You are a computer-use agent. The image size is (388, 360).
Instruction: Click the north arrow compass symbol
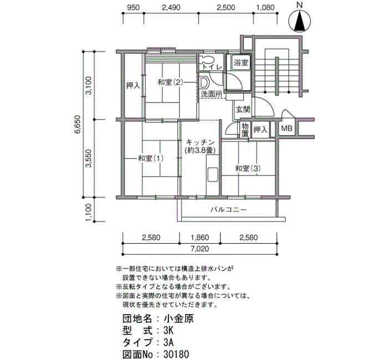300,22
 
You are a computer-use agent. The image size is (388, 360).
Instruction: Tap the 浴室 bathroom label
241,62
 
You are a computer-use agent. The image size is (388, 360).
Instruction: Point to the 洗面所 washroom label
211,94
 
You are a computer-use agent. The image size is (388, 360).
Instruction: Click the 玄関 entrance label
243,109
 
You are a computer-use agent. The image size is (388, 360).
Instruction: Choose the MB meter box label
287,128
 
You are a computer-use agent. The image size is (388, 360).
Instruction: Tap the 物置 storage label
245,130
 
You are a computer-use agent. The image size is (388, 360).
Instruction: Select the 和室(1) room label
150,158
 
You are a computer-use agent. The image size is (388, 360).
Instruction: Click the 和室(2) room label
170,83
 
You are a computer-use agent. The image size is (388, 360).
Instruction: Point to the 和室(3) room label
248,168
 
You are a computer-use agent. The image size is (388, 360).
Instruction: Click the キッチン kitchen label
200,142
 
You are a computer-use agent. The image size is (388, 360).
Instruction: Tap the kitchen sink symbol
212,175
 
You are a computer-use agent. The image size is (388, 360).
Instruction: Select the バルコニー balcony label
228,210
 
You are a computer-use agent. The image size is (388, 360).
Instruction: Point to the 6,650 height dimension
77,125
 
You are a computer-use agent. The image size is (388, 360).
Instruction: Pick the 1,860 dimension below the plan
200,238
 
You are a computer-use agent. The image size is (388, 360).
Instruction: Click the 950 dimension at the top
133,7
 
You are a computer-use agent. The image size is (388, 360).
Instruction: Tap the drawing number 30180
176,354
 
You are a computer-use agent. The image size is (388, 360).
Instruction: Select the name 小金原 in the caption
178,318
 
